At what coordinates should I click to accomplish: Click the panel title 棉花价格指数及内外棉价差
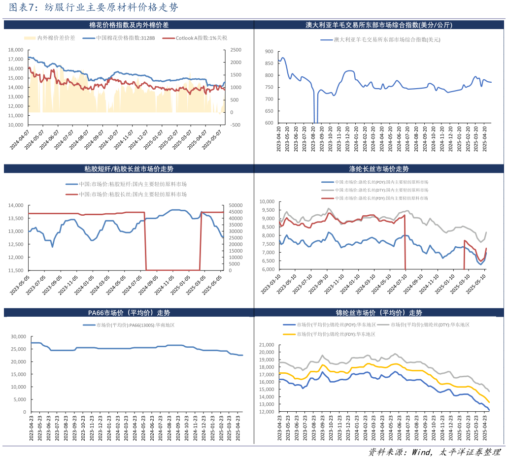(129, 25)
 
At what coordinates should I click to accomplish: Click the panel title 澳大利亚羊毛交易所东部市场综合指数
(378, 25)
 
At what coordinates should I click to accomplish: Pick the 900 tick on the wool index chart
(269, 51)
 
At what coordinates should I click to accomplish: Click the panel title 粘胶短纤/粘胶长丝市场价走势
(129, 169)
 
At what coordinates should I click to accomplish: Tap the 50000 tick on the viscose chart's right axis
(234, 205)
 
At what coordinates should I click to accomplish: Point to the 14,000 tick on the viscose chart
(16, 205)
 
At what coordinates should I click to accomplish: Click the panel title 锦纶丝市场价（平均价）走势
(378, 313)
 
